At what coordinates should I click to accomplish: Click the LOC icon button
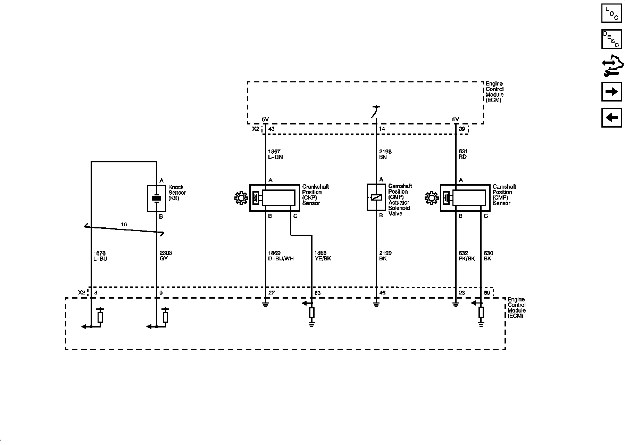point(611,13)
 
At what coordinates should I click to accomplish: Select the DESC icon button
point(611,39)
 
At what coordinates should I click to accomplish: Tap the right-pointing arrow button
point(611,91)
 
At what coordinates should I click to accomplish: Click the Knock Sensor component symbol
point(157,198)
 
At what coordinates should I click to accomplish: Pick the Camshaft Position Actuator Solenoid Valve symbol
point(376,197)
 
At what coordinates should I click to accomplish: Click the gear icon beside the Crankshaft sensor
point(241,199)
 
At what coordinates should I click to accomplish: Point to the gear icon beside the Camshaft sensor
point(431,199)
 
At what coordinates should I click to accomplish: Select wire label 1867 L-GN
point(275,154)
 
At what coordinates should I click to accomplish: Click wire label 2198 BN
point(385,154)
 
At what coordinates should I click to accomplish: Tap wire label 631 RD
point(463,154)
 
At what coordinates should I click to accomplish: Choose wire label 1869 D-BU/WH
point(281,256)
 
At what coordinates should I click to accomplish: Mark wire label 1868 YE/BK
point(323,256)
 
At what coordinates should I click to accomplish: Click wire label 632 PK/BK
point(466,256)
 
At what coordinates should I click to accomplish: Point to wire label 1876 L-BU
point(100,256)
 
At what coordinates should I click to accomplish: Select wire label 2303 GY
point(166,256)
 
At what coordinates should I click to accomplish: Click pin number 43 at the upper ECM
point(272,129)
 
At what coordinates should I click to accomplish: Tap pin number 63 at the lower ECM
point(317,293)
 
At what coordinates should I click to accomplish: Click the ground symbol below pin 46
point(376,305)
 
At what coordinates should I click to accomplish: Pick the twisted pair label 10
point(124,225)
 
